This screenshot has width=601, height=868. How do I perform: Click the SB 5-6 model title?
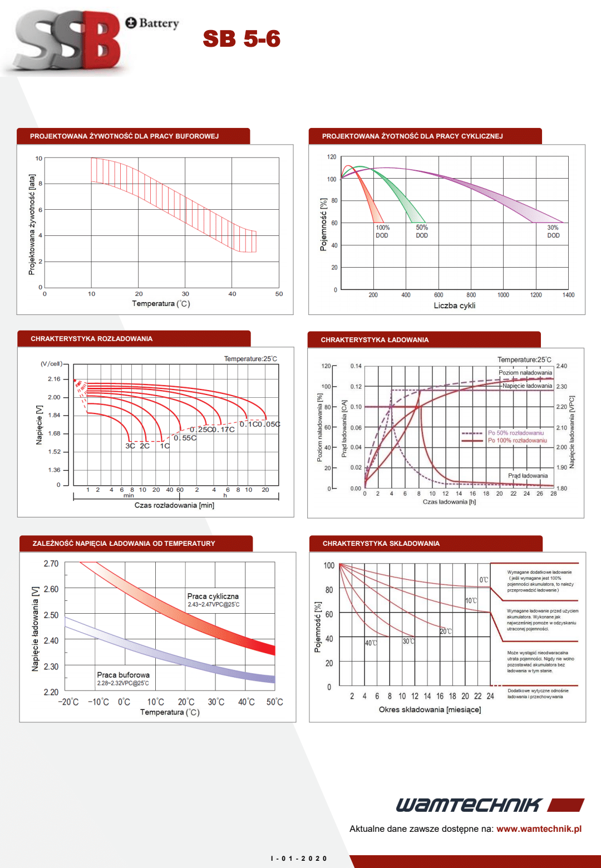[242, 39]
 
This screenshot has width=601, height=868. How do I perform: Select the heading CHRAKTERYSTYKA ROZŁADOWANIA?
[91, 339]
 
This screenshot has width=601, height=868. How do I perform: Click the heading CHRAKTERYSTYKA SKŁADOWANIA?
[381, 544]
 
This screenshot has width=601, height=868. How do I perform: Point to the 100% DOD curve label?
[382, 231]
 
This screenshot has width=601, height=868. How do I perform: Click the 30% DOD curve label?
[553, 231]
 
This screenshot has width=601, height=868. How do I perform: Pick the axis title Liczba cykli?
[454, 305]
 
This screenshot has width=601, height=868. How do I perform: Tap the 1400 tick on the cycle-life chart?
[568, 295]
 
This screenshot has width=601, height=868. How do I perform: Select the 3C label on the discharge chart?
[130, 446]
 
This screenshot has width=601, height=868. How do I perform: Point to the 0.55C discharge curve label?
[185, 438]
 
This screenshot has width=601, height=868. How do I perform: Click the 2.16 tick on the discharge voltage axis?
[54, 379]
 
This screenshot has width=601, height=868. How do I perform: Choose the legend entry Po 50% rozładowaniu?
[515, 433]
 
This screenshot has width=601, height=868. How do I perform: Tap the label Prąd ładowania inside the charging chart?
[528, 476]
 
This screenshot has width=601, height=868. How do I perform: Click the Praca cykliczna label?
[213, 596]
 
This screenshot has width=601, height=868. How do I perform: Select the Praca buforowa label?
[123, 675]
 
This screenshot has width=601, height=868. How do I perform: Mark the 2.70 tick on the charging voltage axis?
[51, 564]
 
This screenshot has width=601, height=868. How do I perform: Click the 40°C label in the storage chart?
[371, 643]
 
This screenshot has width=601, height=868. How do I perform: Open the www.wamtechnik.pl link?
[539, 828]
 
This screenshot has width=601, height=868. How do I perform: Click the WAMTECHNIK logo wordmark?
[469, 805]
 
